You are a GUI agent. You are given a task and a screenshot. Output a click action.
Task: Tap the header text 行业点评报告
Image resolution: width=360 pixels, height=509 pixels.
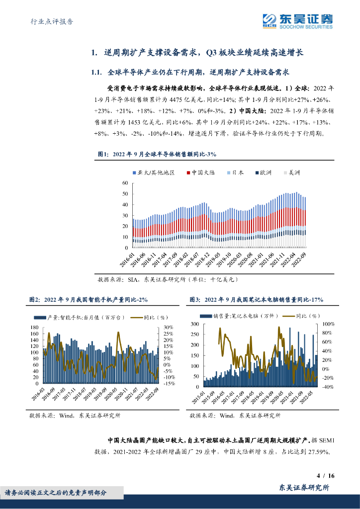(x=49, y=22)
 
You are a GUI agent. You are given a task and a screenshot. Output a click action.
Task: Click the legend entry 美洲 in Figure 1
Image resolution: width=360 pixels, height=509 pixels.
(x=294, y=172)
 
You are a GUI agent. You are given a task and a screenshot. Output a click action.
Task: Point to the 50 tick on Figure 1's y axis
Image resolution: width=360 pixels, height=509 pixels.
(x=125, y=194)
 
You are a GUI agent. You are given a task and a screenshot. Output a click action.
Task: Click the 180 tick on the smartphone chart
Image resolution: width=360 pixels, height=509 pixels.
(x=34, y=327)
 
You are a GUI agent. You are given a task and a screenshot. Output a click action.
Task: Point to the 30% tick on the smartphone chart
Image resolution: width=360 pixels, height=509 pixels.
(x=168, y=327)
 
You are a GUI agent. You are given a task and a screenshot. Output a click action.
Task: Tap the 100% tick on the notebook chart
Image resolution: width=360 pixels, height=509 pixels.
(x=328, y=324)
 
